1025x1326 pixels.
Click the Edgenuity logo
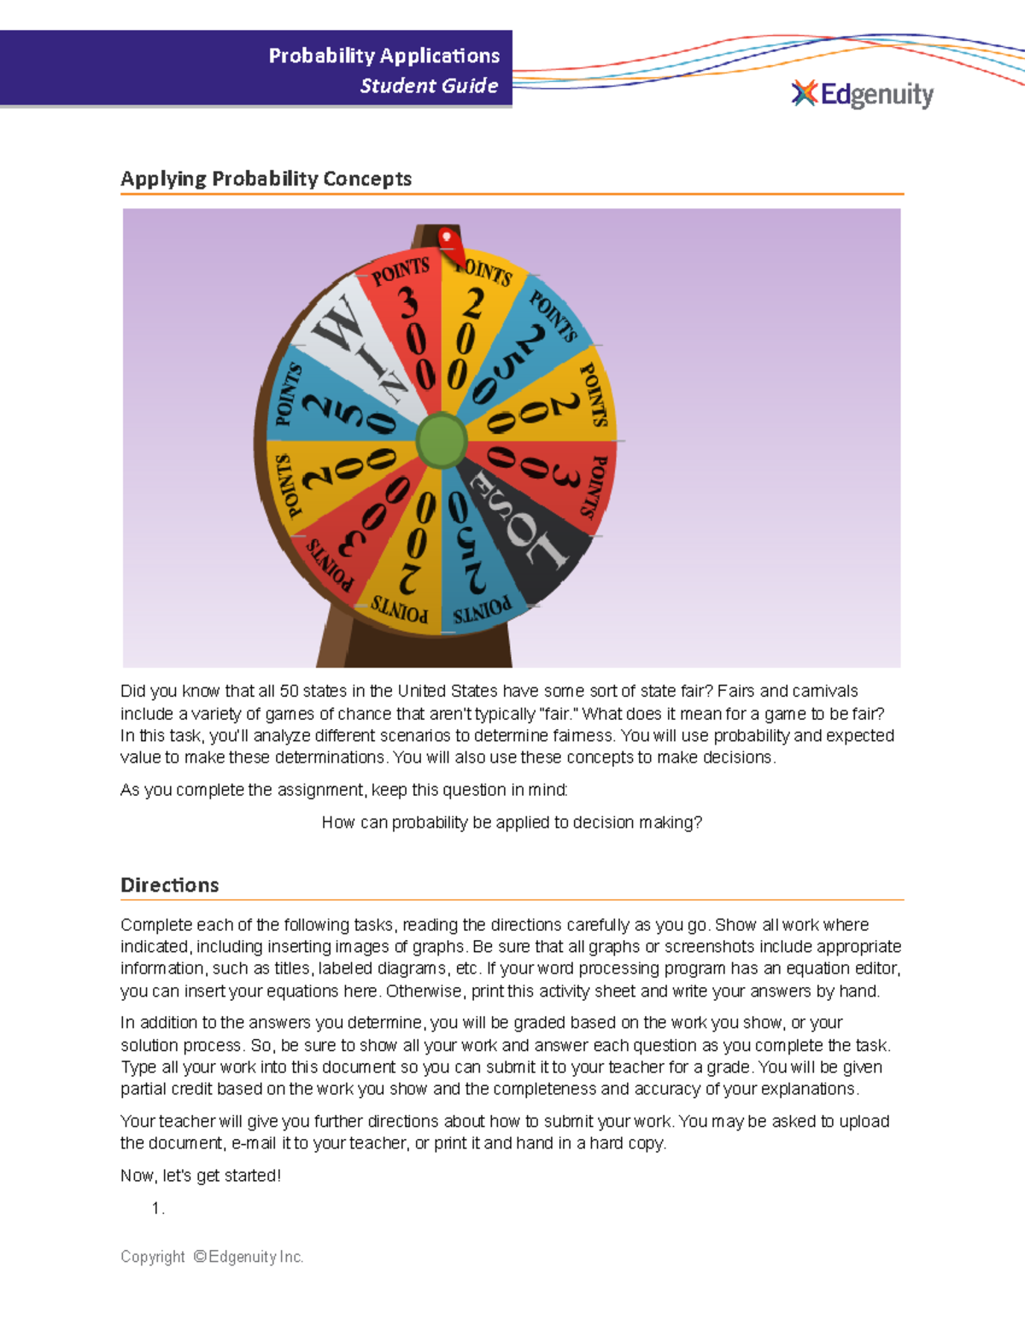(x=863, y=94)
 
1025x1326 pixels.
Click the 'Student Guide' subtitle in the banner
(x=429, y=85)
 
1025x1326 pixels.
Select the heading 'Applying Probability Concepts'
(x=266, y=178)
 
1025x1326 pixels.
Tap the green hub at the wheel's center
(x=442, y=440)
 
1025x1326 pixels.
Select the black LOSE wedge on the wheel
(x=521, y=529)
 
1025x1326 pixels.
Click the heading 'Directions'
(x=169, y=885)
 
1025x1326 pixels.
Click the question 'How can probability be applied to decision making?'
(x=511, y=822)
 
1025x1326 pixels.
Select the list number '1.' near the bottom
(x=157, y=1208)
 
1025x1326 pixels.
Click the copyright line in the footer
(x=212, y=1257)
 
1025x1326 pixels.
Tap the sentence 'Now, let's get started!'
(x=200, y=1176)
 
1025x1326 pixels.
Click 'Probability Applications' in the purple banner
(x=384, y=55)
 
